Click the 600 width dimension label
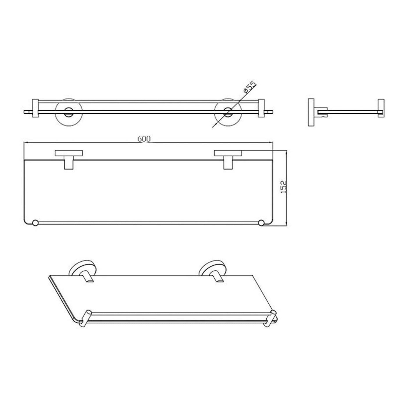click(x=144, y=139)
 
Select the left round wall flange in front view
click(x=68, y=112)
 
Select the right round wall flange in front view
click(x=228, y=112)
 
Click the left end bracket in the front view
click(x=35, y=108)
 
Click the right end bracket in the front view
click(x=261, y=108)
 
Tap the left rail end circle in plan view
click(x=35, y=223)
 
